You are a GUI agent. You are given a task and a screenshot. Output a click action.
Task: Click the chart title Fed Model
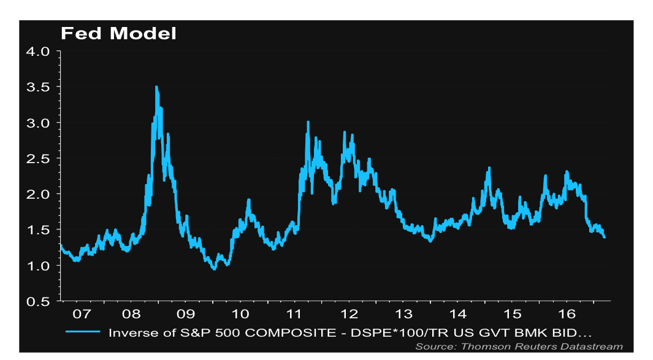118,33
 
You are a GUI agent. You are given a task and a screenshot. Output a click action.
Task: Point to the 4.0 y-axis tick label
40,52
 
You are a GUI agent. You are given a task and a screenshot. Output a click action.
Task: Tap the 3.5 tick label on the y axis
40,87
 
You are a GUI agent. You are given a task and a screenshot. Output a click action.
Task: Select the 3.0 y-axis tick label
40,123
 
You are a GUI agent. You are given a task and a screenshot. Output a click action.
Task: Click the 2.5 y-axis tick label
40,158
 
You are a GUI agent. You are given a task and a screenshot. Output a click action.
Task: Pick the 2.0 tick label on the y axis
40,194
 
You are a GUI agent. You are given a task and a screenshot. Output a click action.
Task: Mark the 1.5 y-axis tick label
40,230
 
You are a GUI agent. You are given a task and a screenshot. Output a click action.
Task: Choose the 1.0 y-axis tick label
40,266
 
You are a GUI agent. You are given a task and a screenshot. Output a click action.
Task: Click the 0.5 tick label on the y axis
40,301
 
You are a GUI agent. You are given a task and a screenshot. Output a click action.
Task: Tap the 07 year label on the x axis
82,314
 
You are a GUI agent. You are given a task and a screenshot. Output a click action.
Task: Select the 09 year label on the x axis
187,314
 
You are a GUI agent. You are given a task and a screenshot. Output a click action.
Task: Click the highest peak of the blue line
156,87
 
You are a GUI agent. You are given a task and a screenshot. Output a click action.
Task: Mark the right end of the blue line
605,237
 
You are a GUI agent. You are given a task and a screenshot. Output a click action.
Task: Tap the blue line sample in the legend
81,332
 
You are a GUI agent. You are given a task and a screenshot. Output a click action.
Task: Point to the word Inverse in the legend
130,332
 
